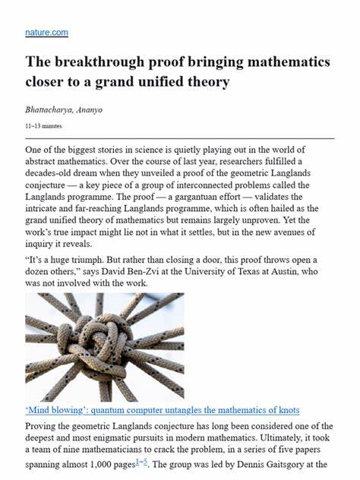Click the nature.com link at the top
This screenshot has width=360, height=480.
46,33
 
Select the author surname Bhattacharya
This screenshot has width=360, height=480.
55,109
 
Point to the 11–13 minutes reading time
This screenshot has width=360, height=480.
46,125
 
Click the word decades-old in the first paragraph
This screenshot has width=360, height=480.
55,175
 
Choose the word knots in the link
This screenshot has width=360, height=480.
286,410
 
